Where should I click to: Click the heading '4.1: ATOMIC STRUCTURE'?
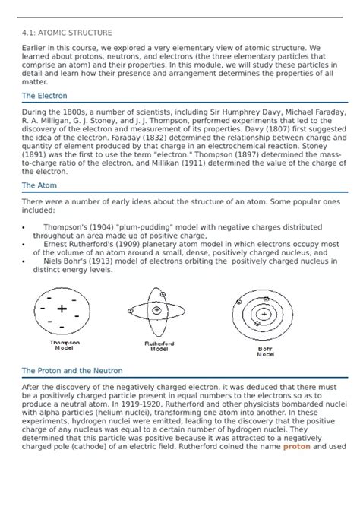67,33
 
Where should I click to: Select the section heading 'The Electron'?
44,96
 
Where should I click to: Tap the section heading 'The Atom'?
38,185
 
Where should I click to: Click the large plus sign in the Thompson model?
62,309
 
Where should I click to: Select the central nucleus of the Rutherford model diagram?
156,310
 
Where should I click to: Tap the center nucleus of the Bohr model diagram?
264,313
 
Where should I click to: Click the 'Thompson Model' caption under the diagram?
65,345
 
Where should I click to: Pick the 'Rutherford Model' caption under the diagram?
159,347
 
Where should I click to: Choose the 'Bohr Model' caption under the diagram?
265,351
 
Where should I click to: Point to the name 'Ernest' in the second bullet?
58,244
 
